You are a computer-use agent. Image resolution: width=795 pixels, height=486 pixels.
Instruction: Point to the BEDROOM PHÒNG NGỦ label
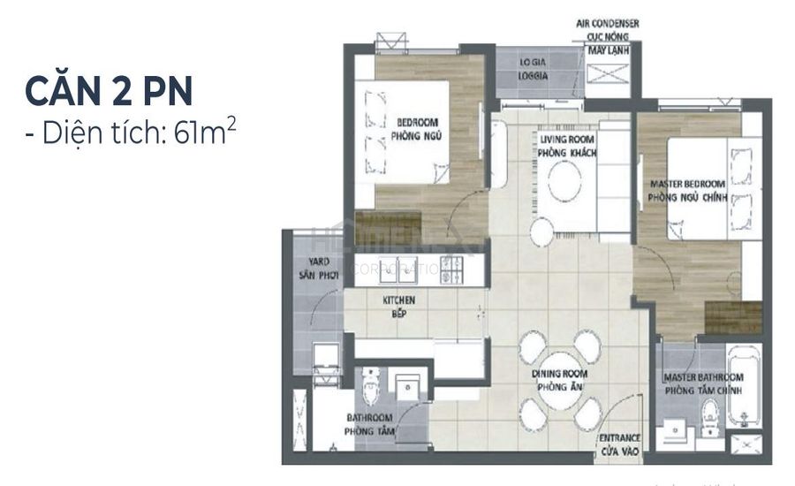pyautogui.click(x=418, y=129)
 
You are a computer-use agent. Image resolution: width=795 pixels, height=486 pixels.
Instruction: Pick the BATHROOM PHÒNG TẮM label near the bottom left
pyautogui.click(x=370, y=425)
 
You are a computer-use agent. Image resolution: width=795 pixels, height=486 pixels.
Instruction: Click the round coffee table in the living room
pyautogui.click(x=564, y=185)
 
